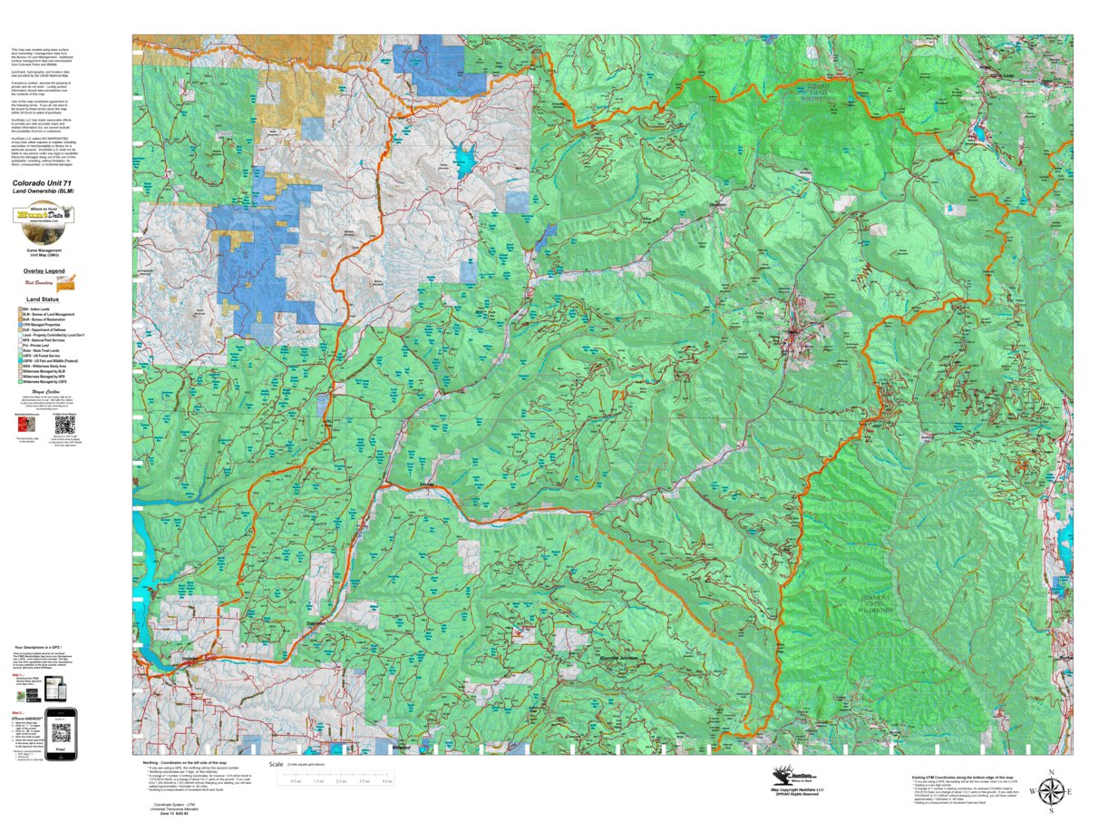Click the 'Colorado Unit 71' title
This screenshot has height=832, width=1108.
(44, 183)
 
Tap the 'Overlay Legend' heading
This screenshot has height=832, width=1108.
(44, 271)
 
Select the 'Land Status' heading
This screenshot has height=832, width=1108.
(43, 299)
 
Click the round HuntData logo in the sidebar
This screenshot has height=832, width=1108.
(43, 216)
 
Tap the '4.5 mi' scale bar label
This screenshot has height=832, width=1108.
(387, 781)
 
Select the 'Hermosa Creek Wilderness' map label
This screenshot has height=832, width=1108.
(875, 604)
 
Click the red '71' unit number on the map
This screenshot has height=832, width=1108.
(619, 395)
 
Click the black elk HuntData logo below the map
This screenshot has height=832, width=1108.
(794, 776)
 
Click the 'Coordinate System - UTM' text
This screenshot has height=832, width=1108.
(170, 805)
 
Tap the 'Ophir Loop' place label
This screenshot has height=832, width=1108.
(1001, 75)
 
